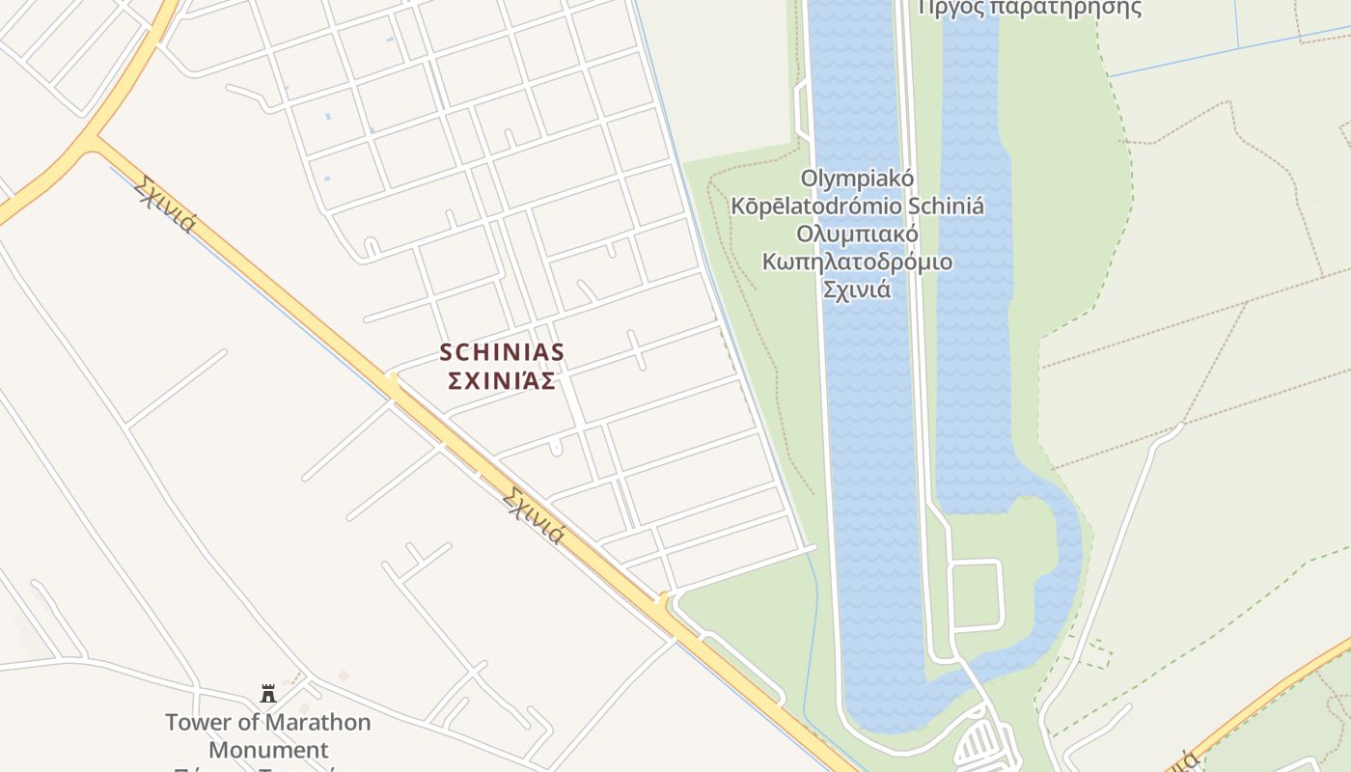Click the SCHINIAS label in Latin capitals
tap(502, 352)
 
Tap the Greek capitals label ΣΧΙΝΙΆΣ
tap(502, 381)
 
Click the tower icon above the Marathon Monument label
tap(268, 693)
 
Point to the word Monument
tap(268, 749)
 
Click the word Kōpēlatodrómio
tap(817, 207)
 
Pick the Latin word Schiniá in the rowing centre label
tap(947, 207)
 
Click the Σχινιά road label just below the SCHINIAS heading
tap(533, 514)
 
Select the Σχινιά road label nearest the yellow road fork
tap(166, 204)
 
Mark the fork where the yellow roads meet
tap(90, 143)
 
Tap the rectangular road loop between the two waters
tap(977, 593)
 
